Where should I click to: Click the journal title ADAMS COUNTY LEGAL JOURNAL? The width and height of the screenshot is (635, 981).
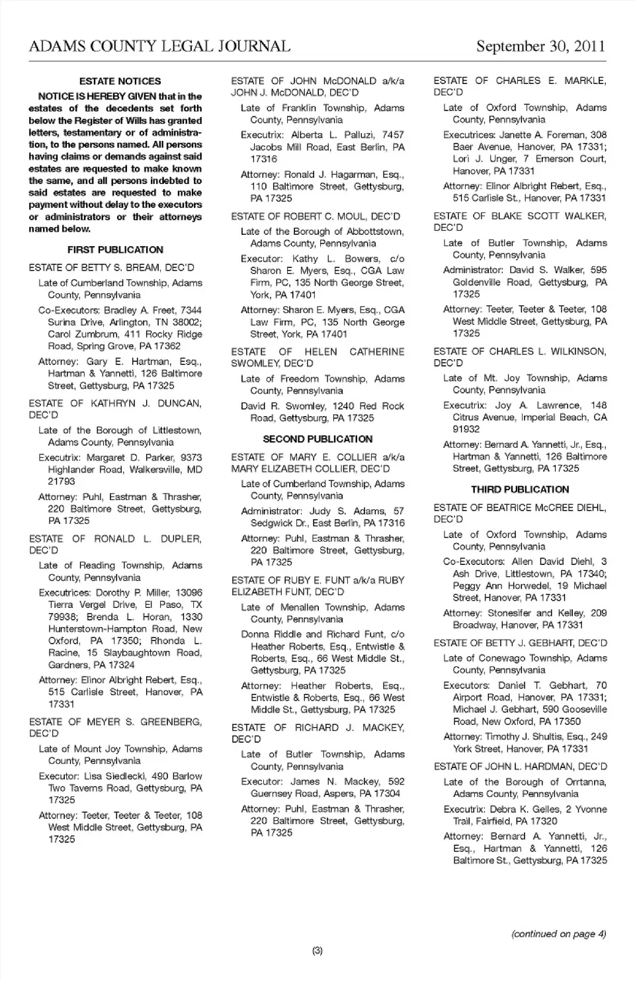[x=159, y=46]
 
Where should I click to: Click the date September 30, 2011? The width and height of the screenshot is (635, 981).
[x=540, y=46]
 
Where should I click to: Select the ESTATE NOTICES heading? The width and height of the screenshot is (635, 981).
[x=120, y=81]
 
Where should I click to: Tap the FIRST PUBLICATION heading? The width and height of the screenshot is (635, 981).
[x=115, y=250]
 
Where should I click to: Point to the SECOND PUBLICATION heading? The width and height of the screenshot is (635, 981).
[x=317, y=439]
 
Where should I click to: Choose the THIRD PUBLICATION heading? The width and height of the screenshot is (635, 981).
[x=520, y=490]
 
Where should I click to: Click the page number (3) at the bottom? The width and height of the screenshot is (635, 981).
[x=317, y=951]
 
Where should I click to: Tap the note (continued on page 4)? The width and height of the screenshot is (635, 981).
[x=558, y=934]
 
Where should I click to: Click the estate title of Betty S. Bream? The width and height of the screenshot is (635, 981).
[x=112, y=268]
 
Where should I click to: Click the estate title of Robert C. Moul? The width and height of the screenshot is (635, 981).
[x=316, y=216]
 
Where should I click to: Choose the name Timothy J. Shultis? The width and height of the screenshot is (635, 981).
[x=526, y=737]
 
